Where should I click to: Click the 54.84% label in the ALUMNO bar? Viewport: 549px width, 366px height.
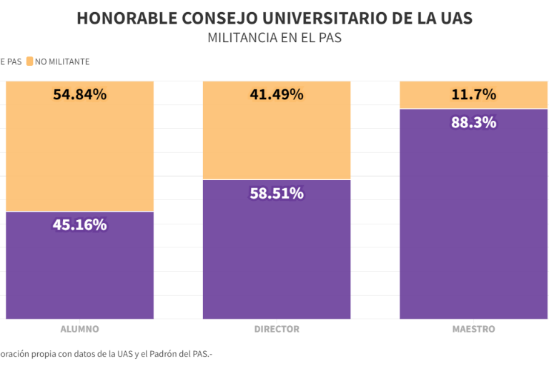point(79,94)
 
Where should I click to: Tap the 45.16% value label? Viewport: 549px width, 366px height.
point(79,224)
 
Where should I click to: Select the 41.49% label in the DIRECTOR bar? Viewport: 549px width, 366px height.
point(277,94)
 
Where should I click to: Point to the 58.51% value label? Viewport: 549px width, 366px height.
point(277,193)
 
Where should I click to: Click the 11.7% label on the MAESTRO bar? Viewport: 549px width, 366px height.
point(473,94)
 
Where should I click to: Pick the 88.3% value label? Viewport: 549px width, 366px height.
point(473,122)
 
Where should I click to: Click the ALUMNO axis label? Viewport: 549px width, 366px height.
point(79,330)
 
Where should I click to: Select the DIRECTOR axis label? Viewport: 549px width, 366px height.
point(277,330)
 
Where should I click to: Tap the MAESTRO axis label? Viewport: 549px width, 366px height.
point(473,330)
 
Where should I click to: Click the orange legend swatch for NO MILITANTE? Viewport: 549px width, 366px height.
point(29,61)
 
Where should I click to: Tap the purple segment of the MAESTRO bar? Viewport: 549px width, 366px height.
point(473,222)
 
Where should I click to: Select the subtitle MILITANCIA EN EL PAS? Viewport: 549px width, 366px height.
point(274,38)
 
